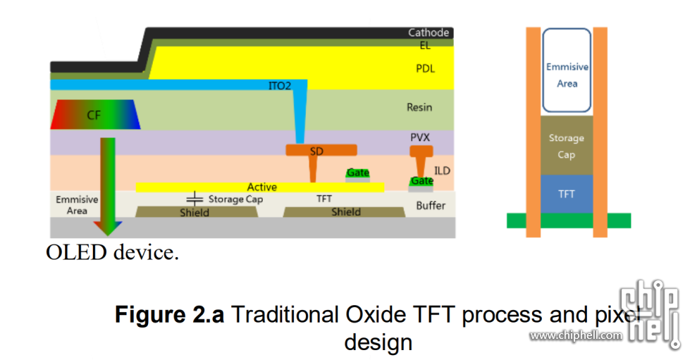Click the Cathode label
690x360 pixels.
[429, 32]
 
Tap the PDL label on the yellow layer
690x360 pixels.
[425, 68]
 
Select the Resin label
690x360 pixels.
[419, 108]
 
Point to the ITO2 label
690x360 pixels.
[280, 86]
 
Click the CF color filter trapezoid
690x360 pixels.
[95, 114]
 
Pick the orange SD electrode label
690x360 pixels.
[317, 151]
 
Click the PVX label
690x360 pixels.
[420, 137]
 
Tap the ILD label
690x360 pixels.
[442, 170]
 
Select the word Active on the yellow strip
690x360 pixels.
[261, 187]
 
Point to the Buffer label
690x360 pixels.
[431, 206]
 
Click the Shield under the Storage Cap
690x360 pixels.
[194, 212]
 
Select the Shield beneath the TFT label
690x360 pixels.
[346, 212]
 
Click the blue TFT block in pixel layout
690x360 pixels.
[567, 194]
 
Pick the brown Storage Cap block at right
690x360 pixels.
[567, 146]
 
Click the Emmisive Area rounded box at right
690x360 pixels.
[567, 70]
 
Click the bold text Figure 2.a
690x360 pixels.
[170, 314]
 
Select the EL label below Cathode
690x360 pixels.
[424, 46]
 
